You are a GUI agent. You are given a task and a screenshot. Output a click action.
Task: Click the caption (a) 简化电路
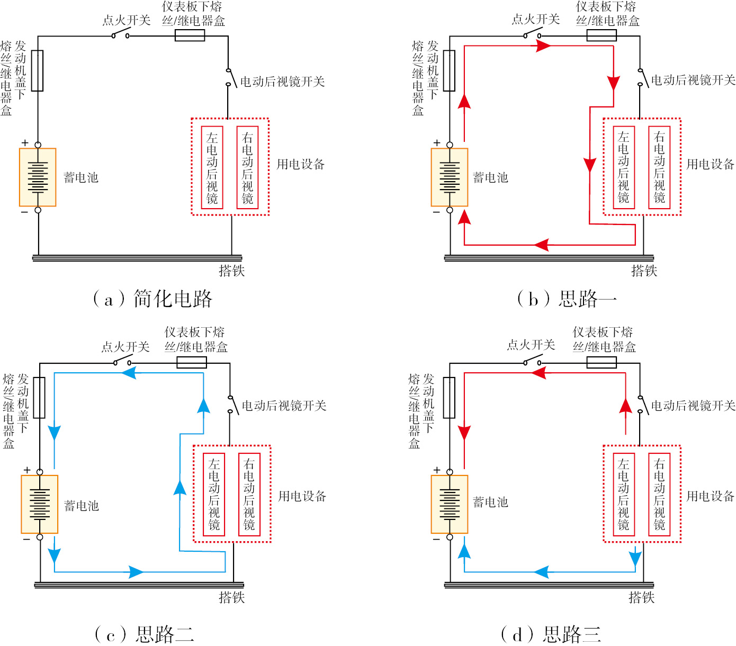click(x=152, y=299)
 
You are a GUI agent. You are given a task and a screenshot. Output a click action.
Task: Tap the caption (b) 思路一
click(x=567, y=299)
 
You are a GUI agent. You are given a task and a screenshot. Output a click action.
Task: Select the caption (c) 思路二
click(x=144, y=633)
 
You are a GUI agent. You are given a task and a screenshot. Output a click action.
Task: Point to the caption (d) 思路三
click(x=551, y=633)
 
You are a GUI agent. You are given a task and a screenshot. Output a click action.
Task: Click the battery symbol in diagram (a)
click(x=38, y=177)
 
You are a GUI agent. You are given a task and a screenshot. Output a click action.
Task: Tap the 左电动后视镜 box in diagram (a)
click(x=212, y=167)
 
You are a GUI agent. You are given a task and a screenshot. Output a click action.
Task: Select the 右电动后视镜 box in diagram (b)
click(x=659, y=167)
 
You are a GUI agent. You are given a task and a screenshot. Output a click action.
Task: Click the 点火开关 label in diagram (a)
click(x=126, y=20)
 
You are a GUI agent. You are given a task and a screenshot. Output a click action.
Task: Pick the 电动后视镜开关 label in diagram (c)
click(x=284, y=406)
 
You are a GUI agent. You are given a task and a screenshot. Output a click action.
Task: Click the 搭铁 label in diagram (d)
click(x=641, y=597)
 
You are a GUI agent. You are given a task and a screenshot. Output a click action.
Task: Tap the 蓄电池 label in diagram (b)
click(x=490, y=177)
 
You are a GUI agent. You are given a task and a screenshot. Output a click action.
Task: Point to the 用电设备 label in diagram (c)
click(x=302, y=496)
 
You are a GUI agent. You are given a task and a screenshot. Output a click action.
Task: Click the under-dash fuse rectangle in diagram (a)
click(x=190, y=35)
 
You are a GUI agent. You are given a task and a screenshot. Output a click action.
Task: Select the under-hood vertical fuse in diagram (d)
click(x=449, y=398)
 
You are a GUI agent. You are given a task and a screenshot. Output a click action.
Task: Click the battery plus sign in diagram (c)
click(x=27, y=470)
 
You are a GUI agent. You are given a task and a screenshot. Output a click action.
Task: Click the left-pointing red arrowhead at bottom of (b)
click(x=541, y=245)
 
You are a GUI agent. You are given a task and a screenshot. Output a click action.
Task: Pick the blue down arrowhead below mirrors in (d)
click(x=635, y=558)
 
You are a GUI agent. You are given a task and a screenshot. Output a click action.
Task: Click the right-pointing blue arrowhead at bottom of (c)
click(x=136, y=572)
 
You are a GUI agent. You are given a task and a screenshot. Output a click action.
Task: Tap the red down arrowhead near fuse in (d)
click(x=464, y=433)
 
